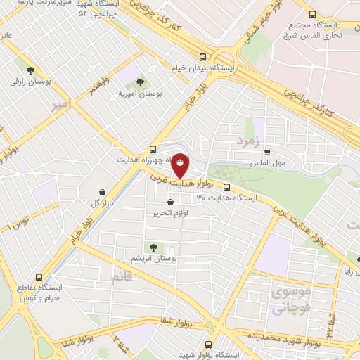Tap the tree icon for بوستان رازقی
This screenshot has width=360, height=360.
(x=30, y=69)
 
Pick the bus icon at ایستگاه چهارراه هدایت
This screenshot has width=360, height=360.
(x=153, y=148)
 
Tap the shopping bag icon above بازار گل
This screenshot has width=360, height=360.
(x=103, y=192)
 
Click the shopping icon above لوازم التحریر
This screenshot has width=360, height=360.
(x=170, y=202)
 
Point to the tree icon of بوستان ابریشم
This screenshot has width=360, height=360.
(x=152, y=247)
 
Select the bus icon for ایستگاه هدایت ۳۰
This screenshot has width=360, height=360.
(x=227, y=187)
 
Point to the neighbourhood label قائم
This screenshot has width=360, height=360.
(x=121, y=278)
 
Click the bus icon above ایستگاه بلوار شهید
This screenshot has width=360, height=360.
(x=207, y=345)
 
